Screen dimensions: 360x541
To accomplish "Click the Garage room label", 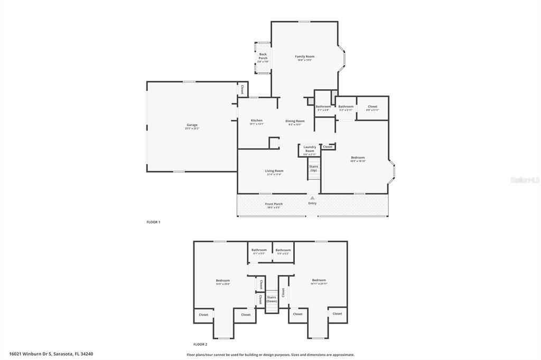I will coord(191,125).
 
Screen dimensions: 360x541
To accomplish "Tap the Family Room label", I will coord(304,56).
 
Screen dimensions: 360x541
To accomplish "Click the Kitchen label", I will coord(256,120).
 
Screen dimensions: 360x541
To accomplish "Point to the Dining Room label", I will coord(295,121).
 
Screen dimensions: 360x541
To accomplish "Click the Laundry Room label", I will coord(310,149).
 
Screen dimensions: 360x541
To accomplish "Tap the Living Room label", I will coord(274,171).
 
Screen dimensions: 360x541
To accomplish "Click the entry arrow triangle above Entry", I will coord(312,198).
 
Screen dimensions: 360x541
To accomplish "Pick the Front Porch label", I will coord(274,204).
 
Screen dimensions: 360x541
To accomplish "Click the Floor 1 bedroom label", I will coord(358,157).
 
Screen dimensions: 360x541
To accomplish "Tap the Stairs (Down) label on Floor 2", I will coord(272,299).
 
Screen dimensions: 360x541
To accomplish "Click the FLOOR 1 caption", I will coord(153,222).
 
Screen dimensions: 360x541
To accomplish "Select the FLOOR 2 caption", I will coord(200,344).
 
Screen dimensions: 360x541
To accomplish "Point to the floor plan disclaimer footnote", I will coord(270,355).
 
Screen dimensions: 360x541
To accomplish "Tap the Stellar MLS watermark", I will coord(524,180).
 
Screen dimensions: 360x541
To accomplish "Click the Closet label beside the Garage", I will coord(242,89).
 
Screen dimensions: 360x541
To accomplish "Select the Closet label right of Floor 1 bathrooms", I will coord(372,107).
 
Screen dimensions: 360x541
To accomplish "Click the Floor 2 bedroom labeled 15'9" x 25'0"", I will coord(222,280).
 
